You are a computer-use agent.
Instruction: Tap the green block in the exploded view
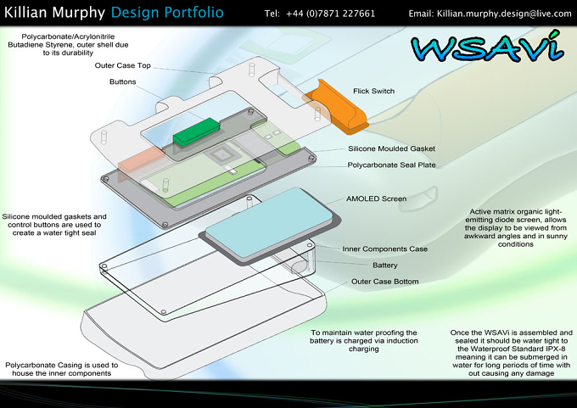197,131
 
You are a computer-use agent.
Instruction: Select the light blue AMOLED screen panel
269,222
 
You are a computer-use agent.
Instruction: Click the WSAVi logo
487,47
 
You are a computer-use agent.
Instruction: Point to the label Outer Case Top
122,65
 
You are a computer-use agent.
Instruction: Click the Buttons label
122,81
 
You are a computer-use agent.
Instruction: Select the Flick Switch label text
373,91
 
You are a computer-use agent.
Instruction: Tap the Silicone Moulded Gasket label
391,148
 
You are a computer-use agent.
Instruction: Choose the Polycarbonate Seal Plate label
391,165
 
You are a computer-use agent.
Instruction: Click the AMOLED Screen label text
376,198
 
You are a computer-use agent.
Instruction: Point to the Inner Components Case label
385,249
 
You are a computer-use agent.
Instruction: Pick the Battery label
385,265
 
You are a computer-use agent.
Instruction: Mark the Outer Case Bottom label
385,282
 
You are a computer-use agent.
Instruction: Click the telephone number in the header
330,14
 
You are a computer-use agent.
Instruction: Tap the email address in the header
504,14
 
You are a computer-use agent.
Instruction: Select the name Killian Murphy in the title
54,13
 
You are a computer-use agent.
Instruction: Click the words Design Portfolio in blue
167,13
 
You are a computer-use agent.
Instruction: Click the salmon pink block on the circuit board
141,159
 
